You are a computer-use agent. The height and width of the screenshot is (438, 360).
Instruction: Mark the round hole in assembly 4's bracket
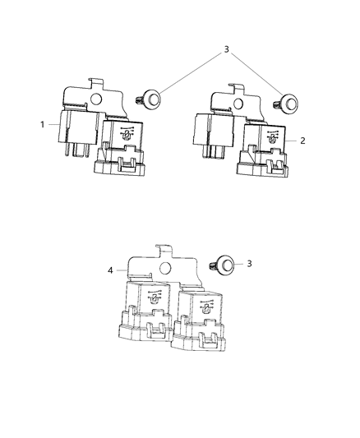click(164, 267)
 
